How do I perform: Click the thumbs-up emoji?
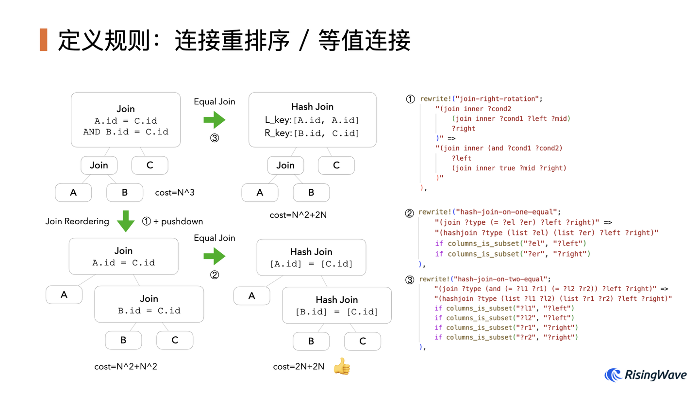342,366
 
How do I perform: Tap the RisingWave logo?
646,375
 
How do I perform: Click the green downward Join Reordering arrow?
126,221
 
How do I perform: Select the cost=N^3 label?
175,193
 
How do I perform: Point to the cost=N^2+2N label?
298,214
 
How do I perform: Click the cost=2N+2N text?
299,366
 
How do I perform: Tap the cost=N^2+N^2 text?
126,366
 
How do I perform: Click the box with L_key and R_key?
312,120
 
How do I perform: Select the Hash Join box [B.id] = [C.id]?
337,305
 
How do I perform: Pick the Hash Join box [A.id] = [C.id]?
311,257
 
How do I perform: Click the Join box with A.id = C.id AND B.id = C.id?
126,120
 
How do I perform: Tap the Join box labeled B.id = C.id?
149,304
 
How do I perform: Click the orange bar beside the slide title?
44,40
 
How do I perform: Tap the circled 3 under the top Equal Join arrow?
215,138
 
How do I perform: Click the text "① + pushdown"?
172,221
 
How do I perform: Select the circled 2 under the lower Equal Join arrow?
215,275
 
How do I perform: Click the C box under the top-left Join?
150,165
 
